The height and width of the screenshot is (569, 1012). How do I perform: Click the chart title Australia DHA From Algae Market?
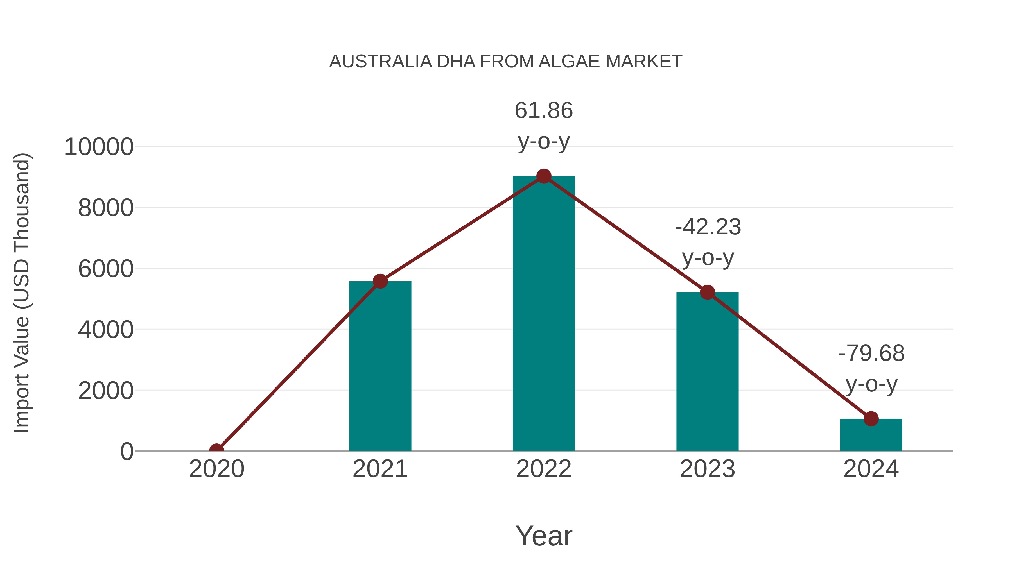click(x=506, y=62)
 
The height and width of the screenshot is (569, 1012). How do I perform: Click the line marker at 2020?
click(x=216, y=450)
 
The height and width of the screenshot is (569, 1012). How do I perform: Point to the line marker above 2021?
click(x=380, y=281)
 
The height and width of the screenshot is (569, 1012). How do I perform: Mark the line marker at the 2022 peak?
click(x=544, y=176)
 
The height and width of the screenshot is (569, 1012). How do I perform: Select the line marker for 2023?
click(x=707, y=292)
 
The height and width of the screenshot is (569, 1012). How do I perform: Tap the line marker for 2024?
click(x=871, y=419)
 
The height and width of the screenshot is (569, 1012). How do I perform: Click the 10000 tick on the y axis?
click(x=99, y=147)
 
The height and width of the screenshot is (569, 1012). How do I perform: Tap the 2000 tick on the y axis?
click(x=106, y=391)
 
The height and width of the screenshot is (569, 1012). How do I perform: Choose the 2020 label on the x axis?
click(x=216, y=469)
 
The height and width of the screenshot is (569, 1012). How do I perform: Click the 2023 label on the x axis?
click(x=707, y=469)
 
